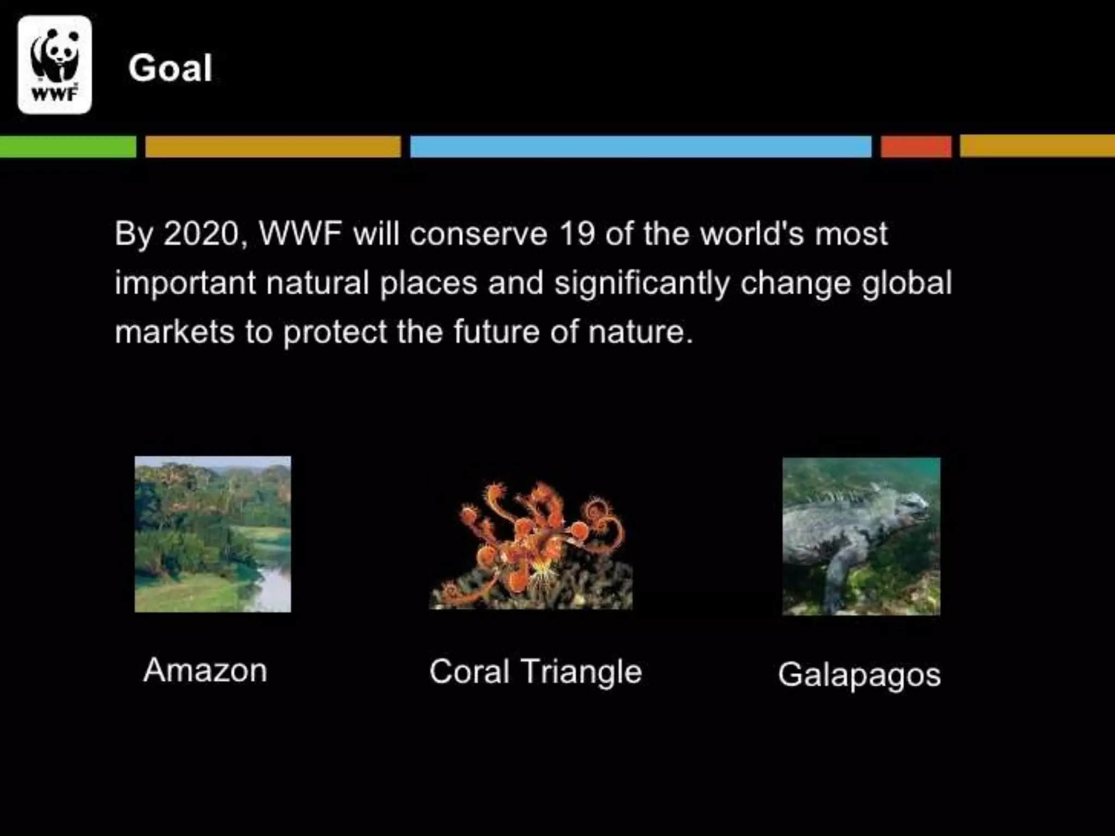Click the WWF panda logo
[54, 65]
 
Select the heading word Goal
[170, 68]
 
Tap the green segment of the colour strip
[68, 146]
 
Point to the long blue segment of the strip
[640, 146]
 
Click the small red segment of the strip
[916, 146]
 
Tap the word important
[185, 284]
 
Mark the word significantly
[642, 284]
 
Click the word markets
[174, 332]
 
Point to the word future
[496, 332]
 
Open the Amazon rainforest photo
[213, 534]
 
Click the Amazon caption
[205, 670]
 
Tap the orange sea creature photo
[531, 544]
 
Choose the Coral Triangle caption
[536, 672]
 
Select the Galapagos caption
[859, 675]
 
